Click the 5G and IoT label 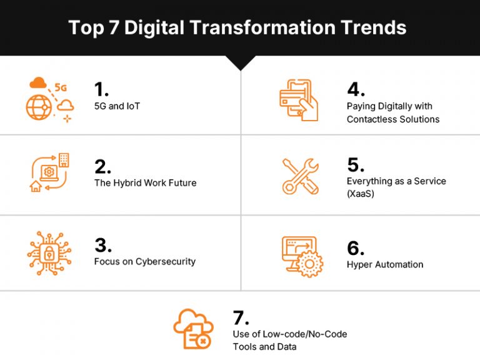tap(117, 106)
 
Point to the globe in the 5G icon tap(39, 107)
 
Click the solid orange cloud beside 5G tap(38, 82)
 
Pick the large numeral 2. tap(102, 166)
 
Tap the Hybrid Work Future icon tap(49, 172)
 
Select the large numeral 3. tap(102, 245)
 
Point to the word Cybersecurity tap(166, 261)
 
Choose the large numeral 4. tap(355, 89)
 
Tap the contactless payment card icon tap(299, 99)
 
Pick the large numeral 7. tap(241, 317)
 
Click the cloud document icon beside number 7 tap(193, 328)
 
